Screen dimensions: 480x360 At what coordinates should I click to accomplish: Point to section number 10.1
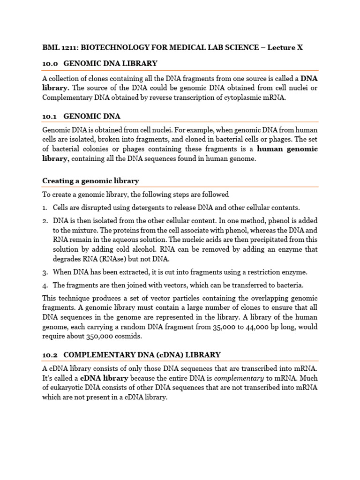tap(49, 116)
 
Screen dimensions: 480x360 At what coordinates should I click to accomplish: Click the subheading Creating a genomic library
tap(90, 180)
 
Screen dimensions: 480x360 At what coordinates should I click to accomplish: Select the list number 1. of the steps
tap(45, 208)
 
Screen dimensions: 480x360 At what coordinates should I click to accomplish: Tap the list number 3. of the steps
tap(45, 272)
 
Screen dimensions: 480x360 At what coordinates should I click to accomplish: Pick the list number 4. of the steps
tap(45, 285)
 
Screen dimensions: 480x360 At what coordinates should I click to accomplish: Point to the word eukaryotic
tap(72, 388)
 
